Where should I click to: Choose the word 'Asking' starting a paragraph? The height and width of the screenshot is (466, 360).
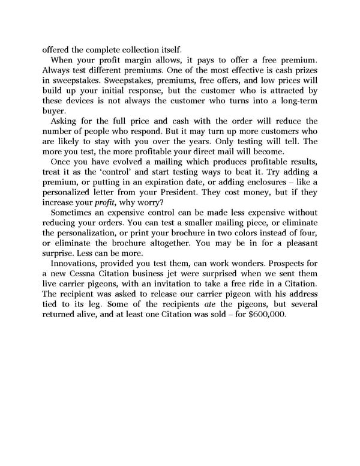[65, 121]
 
